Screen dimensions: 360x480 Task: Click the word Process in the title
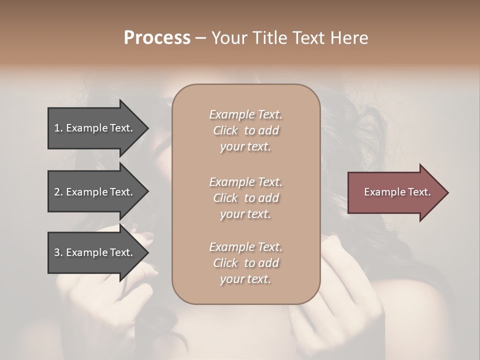[157, 38]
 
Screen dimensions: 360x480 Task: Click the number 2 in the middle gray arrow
[56, 192]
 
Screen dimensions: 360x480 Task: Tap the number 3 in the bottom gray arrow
[56, 252]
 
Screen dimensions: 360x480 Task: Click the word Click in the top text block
[225, 131]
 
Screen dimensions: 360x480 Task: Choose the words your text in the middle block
[245, 214]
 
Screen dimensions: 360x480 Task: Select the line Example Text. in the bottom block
[245, 247]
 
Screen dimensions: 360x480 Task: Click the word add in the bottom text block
[269, 263]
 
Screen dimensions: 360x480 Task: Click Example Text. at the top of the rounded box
[245, 114]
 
